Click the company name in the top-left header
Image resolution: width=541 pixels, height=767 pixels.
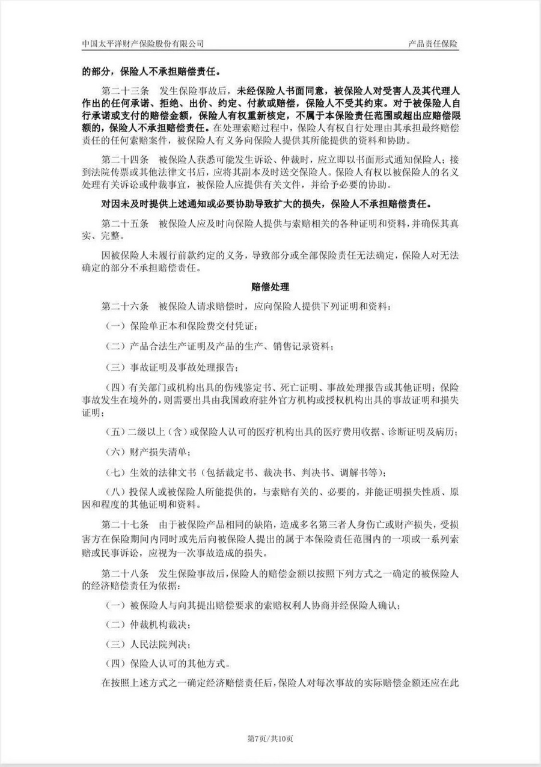(143, 44)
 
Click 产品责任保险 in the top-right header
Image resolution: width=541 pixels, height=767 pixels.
(433, 44)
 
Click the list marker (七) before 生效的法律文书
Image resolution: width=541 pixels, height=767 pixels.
(115, 472)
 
